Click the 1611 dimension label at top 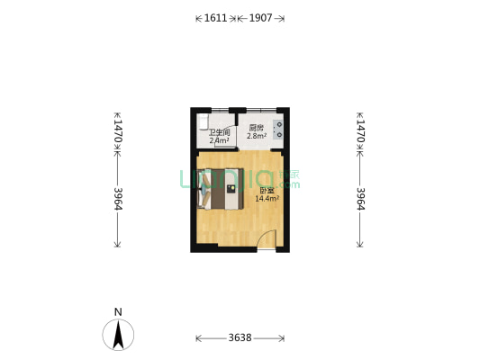click(215, 17)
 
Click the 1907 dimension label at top click(261, 17)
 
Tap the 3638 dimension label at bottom click(240, 338)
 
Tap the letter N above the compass click(118, 312)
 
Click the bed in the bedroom click(219, 189)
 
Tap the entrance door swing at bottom click(265, 238)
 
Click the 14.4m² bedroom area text click(267, 198)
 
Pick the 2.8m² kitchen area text click(257, 135)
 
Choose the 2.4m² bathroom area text click(220, 140)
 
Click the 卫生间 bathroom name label click(220, 132)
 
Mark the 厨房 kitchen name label click(257, 127)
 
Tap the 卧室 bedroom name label click(267, 190)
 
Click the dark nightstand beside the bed click(231, 189)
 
